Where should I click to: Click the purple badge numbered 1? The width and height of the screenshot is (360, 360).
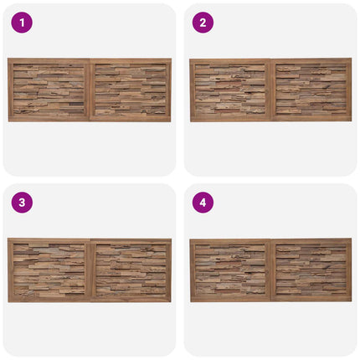(22, 23)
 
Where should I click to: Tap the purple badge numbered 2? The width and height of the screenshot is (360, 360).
(203, 23)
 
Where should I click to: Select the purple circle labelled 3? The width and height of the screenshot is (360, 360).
(22, 203)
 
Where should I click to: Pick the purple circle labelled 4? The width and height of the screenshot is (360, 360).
(203, 203)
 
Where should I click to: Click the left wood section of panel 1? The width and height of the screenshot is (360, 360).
(49, 90)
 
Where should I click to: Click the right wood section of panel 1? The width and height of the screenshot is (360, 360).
(131, 90)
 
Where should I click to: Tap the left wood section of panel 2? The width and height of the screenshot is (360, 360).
(230, 90)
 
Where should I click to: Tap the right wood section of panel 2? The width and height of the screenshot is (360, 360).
(311, 90)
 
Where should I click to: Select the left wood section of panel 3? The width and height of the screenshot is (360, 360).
(49, 270)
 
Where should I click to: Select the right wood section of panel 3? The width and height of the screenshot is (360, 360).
(131, 270)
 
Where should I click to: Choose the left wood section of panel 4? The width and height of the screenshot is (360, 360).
(230, 270)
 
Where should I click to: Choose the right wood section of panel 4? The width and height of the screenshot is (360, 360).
(311, 270)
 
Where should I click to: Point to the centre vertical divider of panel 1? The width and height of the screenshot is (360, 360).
(90, 90)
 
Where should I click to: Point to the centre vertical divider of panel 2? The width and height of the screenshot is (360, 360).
(270, 90)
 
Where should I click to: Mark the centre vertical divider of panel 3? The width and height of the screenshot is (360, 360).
(90, 270)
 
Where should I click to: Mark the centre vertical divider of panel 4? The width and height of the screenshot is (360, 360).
(270, 270)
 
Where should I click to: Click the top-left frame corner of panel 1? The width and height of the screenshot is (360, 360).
(8, 59)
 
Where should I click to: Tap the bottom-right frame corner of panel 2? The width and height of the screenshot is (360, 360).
(352, 121)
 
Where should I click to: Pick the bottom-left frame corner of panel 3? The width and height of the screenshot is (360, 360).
(8, 301)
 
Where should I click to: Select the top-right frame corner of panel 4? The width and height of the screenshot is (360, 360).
(352, 239)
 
